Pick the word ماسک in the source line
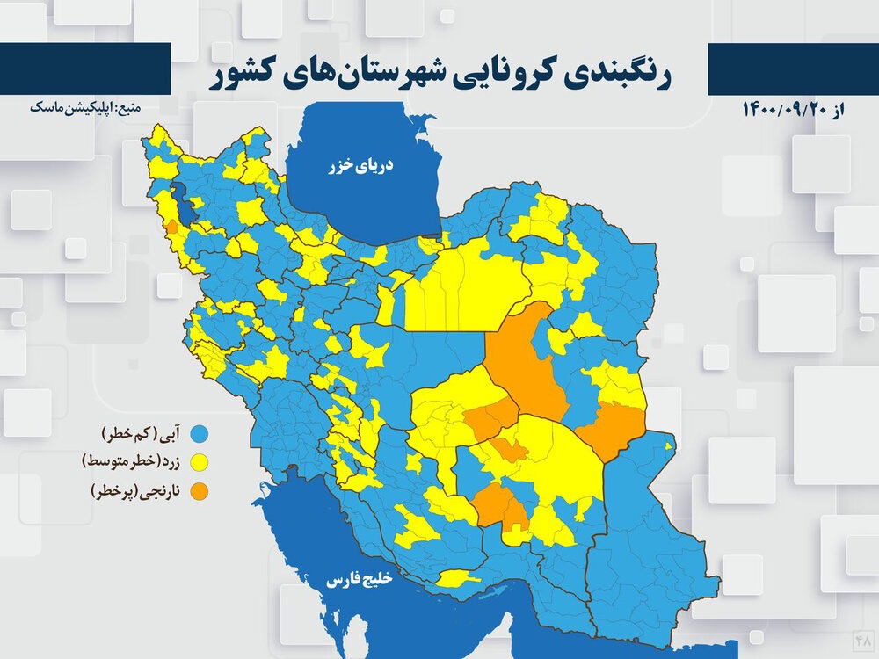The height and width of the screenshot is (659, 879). tap(46, 107)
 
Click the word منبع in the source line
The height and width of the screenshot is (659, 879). tap(127, 107)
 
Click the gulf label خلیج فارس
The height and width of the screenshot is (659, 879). tap(362, 581)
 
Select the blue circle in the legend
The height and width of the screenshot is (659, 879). tap(201, 433)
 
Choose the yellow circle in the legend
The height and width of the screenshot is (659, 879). tap(201, 461)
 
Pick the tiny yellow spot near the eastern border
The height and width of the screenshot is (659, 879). tap(670, 447)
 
